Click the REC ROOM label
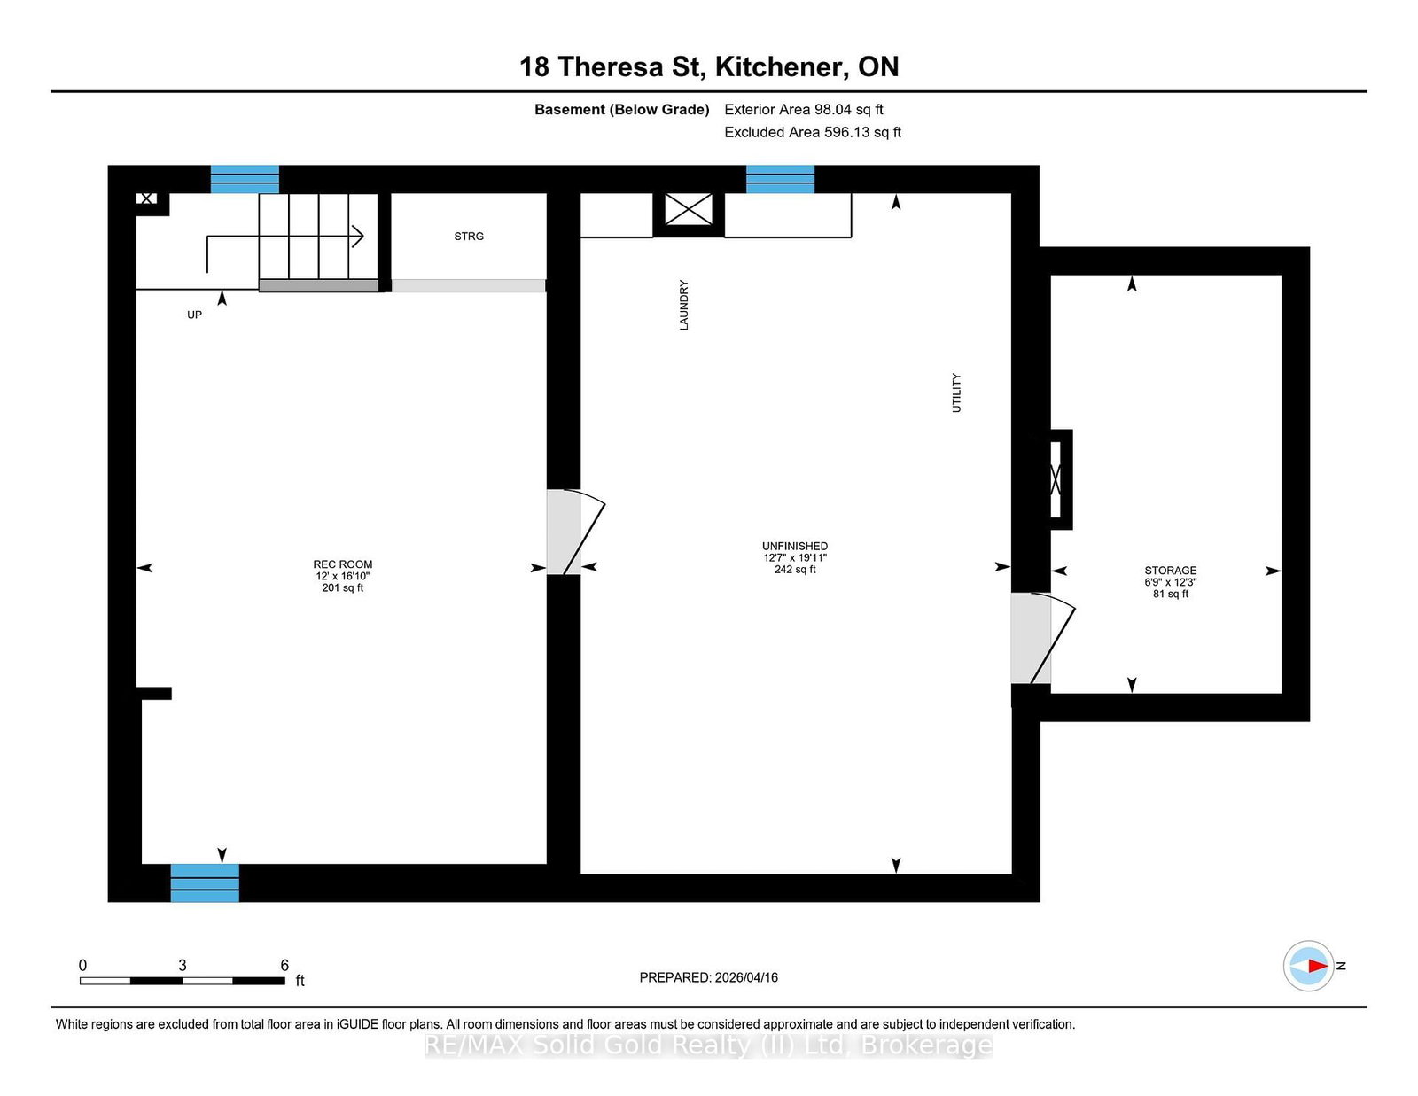(342, 564)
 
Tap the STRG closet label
(469, 237)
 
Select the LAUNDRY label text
(683, 306)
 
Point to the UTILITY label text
(956, 393)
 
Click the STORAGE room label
(1170, 571)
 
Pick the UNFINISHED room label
(795, 547)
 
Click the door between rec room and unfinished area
(574, 532)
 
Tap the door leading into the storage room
(1041, 638)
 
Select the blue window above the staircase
(245, 179)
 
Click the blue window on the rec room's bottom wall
(205, 882)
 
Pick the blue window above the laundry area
(780, 179)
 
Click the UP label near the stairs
(194, 315)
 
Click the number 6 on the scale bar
(284, 965)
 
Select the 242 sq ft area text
(795, 570)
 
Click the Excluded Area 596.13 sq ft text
(813, 132)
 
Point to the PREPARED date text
(708, 977)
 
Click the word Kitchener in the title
(778, 66)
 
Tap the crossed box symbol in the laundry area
(689, 210)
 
